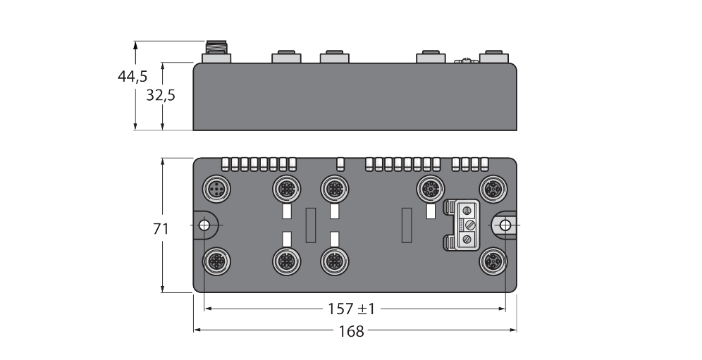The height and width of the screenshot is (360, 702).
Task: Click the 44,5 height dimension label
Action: click(133, 77)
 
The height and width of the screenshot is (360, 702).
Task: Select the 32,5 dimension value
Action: click(161, 95)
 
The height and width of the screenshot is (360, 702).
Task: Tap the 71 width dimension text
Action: click(161, 229)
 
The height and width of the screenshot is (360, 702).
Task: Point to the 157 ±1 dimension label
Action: click(352, 309)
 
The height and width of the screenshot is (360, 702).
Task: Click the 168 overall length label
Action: click(352, 331)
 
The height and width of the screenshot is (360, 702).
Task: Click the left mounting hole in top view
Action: click(204, 225)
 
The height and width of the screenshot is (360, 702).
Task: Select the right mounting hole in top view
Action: click(505, 225)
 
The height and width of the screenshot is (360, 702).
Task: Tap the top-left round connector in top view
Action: click(216, 189)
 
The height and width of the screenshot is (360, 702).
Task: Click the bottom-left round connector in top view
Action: click(216, 261)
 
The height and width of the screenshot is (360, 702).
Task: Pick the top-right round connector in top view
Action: click(493, 189)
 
